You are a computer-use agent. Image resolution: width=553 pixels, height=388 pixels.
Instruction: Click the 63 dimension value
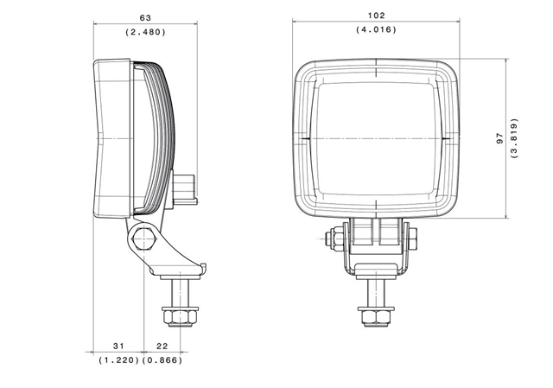(145, 17)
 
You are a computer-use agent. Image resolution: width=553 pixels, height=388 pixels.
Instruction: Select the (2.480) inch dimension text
(145, 32)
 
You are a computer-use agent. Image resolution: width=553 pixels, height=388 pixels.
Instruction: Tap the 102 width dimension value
(377, 16)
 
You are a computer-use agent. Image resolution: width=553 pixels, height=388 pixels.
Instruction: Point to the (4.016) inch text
(377, 29)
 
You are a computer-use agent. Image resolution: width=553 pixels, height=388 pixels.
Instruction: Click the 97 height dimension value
(499, 138)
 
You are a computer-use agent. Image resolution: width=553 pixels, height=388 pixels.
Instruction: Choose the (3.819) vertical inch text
(515, 138)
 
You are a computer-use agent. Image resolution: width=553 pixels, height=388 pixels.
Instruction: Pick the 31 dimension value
(118, 346)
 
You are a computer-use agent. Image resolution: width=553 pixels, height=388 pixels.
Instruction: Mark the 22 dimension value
(162, 346)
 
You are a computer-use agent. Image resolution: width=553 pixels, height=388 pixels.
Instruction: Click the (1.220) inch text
(119, 360)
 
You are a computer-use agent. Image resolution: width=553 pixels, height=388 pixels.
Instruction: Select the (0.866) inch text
(162, 360)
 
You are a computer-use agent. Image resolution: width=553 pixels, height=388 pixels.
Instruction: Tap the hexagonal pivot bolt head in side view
(144, 239)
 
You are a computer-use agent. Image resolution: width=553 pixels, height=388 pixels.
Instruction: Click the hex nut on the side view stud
(181, 316)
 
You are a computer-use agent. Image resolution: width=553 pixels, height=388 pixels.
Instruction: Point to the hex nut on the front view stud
(376, 316)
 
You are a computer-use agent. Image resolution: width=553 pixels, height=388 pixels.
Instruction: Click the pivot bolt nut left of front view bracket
(334, 239)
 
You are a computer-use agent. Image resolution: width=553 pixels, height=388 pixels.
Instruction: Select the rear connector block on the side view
(184, 187)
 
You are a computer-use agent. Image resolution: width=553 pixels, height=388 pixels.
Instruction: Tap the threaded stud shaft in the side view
(181, 293)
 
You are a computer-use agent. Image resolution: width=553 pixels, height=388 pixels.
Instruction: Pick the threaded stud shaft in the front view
(376, 293)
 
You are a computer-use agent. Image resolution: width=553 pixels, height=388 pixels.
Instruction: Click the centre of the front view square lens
(377, 138)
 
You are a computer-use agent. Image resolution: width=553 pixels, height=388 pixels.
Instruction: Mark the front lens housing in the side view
(113, 138)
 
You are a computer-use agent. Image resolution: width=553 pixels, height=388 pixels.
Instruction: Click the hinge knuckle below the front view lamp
(376, 232)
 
